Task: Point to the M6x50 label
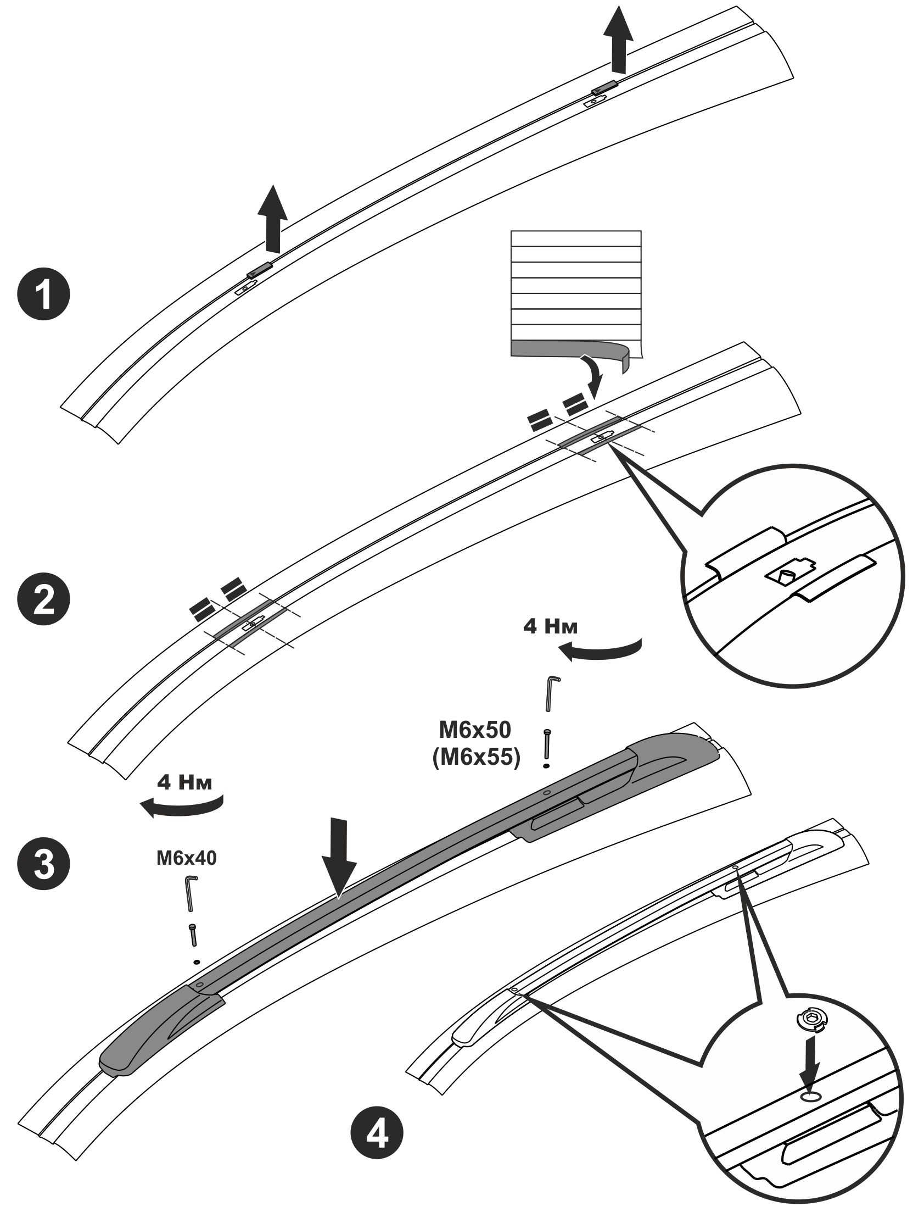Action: pos(474,729)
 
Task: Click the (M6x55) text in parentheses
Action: pos(475,758)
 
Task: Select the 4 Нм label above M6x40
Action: pos(184,782)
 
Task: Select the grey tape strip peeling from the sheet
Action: pos(571,352)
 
